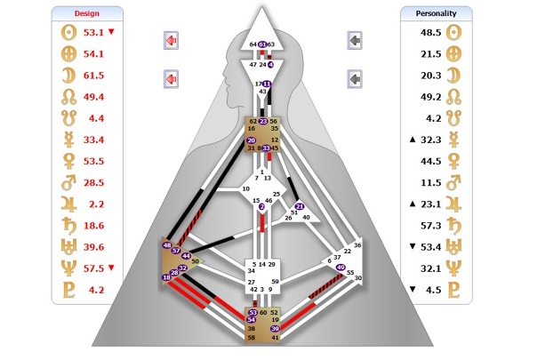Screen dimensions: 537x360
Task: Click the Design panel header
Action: point(86,13)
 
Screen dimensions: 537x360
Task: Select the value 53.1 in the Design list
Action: point(93,33)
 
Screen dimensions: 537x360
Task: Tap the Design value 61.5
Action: point(93,76)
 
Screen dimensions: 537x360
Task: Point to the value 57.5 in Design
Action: point(93,267)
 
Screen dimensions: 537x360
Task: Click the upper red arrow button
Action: point(172,41)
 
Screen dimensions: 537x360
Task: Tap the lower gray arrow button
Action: point(355,80)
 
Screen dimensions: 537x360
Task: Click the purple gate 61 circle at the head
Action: point(262,44)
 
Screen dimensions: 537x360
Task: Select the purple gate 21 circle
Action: point(300,207)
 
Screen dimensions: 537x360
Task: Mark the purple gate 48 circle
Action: point(167,244)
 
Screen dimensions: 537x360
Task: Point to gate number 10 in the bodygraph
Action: point(245,189)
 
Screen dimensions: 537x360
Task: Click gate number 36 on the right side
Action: point(357,244)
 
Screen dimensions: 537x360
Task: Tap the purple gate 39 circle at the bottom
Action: point(275,328)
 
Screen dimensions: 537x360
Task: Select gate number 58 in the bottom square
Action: point(252,339)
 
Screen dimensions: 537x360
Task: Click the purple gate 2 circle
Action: point(261,207)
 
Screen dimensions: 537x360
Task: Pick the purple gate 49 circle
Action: point(341,266)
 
